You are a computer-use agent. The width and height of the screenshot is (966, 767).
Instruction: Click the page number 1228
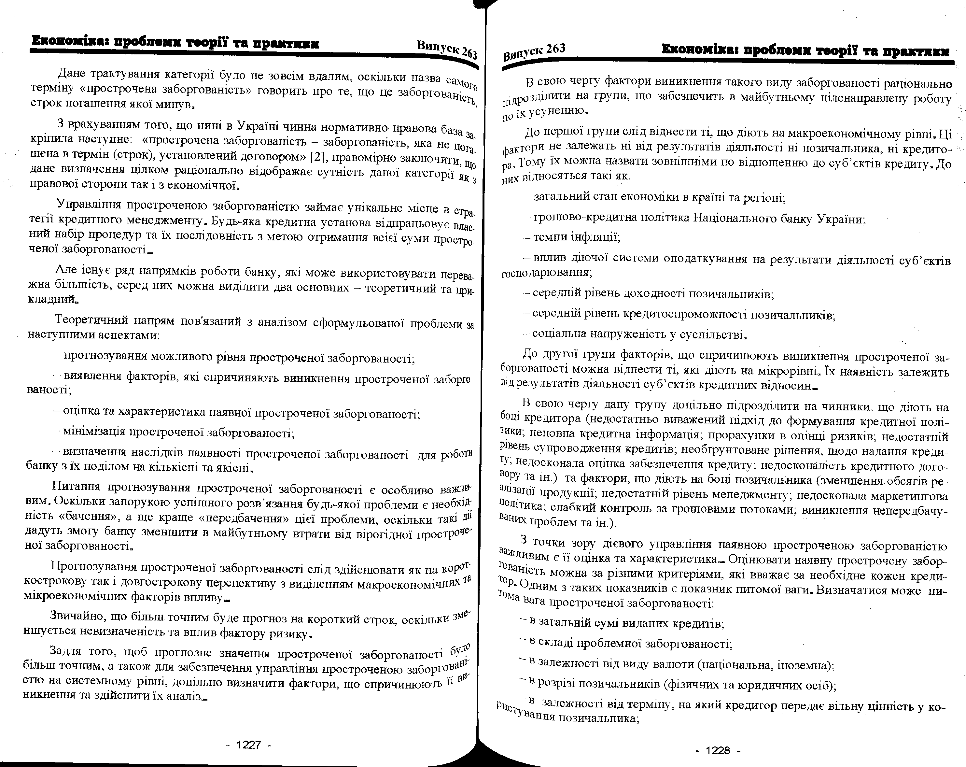pos(718,750)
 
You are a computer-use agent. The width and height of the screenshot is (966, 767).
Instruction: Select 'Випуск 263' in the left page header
pos(447,49)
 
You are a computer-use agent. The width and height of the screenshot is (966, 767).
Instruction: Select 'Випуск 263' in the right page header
pos(534,52)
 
